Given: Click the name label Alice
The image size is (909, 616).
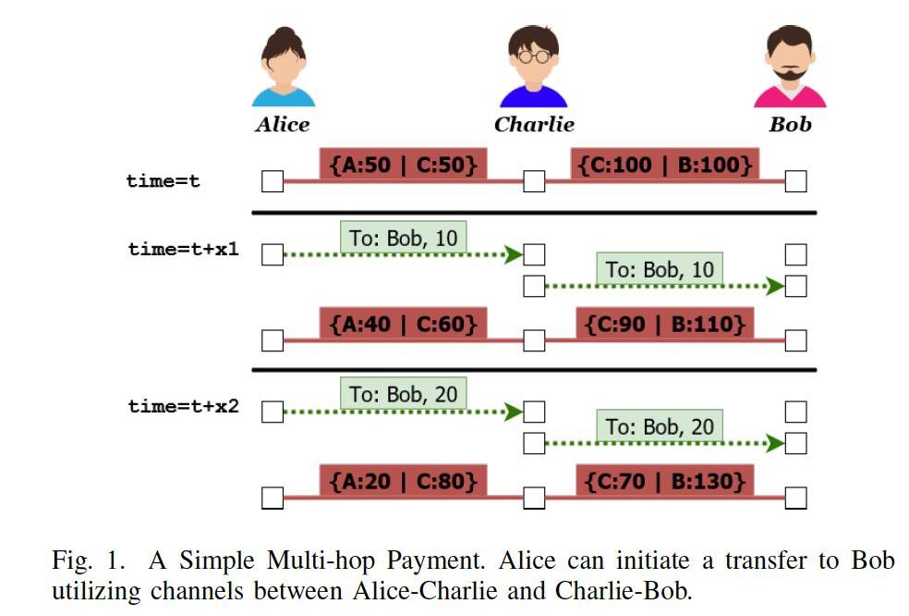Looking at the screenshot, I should (x=283, y=124).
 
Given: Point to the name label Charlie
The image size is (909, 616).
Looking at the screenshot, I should (x=534, y=124).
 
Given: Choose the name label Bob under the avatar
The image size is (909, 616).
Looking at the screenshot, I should (x=790, y=124).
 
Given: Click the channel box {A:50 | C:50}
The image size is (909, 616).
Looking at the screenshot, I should (x=404, y=165).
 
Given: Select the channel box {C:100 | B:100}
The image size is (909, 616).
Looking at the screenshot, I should (x=665, y=165).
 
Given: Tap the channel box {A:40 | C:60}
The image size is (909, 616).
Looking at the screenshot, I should (x=404, y=324).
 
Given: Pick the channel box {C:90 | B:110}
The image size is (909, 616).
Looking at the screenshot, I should (x=665, y=324).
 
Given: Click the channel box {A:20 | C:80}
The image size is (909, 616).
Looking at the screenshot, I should (x=404, y=481).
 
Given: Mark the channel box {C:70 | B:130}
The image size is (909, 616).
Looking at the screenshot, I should (x=665, y=481).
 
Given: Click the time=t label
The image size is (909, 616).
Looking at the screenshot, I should (x=163, y=181).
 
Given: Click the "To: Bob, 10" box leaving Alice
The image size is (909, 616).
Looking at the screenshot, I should (x=404, y=238).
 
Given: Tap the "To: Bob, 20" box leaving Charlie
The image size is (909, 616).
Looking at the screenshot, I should (x=660, y=426).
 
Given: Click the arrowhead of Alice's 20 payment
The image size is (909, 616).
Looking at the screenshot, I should (x=514, y=412).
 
